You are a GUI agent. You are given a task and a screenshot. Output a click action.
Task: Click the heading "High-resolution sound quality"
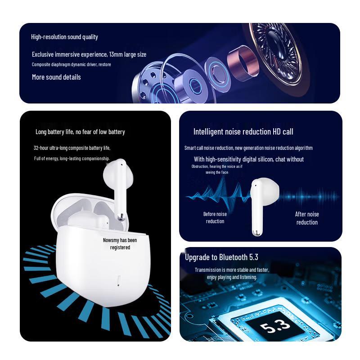coord(64,37)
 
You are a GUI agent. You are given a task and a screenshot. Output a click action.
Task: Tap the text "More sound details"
coord(56,77)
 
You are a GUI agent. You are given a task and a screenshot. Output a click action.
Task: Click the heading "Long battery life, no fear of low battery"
coord(80,132)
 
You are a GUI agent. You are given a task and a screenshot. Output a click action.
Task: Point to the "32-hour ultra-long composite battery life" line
coord(72,148)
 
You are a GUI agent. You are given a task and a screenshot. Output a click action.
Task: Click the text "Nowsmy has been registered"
coord(120,243)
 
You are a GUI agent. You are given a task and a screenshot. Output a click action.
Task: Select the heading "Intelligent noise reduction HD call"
coord(243,132)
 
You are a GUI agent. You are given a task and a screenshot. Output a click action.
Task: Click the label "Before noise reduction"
coord(215,217)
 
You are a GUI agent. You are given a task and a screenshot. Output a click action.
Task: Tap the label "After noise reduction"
coord(307,218)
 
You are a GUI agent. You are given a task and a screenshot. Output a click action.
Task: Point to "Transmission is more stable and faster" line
coord(232,270)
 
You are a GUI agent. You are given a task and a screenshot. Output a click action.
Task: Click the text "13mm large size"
coord(128,54)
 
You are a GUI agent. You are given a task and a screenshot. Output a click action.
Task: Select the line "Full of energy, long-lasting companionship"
coord(72,158)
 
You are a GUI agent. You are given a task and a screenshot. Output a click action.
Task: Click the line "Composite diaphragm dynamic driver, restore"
coord(71,64)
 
